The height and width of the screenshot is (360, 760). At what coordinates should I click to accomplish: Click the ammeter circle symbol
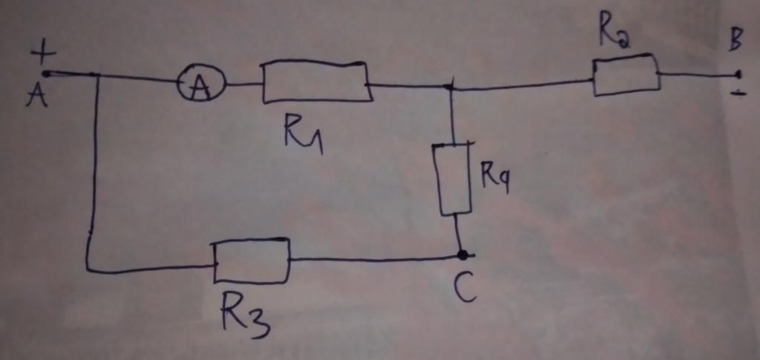coord(196,87)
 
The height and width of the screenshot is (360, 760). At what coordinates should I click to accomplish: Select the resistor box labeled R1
coord(316,82)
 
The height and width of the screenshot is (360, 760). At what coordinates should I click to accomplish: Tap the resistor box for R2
coord(626,75)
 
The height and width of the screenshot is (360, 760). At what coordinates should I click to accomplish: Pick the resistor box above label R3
coord(252,261)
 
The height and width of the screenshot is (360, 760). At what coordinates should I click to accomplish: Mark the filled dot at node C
coord(462,255)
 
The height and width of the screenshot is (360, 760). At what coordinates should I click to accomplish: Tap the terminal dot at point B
coord(738,74)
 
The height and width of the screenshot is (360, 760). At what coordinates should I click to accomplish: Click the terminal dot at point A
coord(46,73)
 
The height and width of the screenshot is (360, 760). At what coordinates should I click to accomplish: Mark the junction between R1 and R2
coord(450,88)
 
